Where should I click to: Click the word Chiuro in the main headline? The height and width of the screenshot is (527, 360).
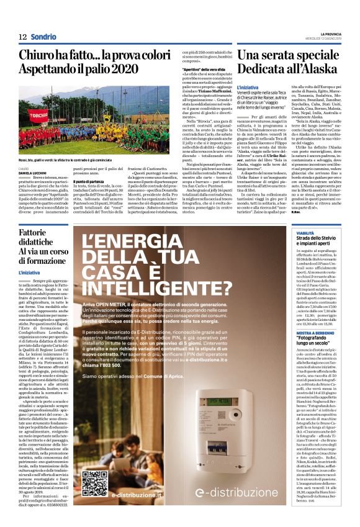pos(37,56)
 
